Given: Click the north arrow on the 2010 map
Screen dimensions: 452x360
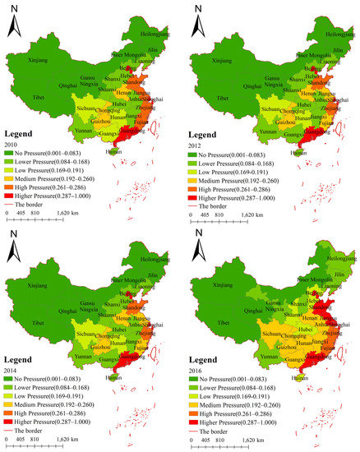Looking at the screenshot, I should (x=16, y=25).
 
